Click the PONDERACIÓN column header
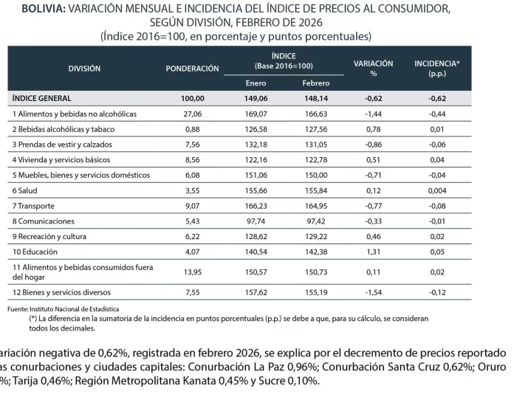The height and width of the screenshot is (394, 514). (x=192, y=68)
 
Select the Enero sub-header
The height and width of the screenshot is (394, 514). (x=256, y=83)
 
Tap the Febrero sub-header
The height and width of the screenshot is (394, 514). (x=315, y=83)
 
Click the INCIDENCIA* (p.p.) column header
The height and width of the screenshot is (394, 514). (x=436, y=68)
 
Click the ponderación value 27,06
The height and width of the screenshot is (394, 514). (x=192, y=114)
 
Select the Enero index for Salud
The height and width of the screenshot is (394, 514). (x=256, y=190)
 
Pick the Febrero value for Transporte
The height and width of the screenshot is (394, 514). (x=315, y=206)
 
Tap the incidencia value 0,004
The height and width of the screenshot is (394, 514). (x=436, y=190)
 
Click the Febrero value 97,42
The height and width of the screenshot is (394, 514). (x=315, y=221)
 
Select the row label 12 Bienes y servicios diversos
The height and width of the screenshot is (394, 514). (x=61, y=292)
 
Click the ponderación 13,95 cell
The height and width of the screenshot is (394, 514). (x=192, y=272)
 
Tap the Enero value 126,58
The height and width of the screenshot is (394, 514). (x=256, y=130)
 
